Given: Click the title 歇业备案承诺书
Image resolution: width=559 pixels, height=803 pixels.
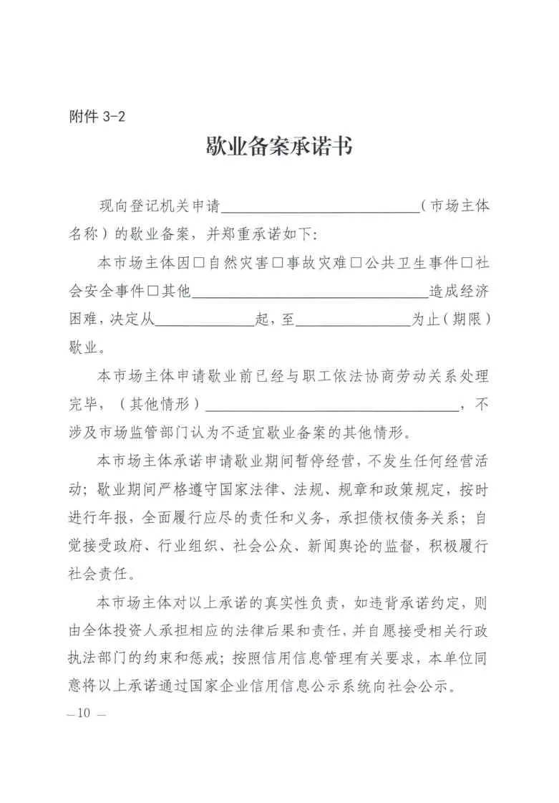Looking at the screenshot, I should (x=279, y=148).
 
